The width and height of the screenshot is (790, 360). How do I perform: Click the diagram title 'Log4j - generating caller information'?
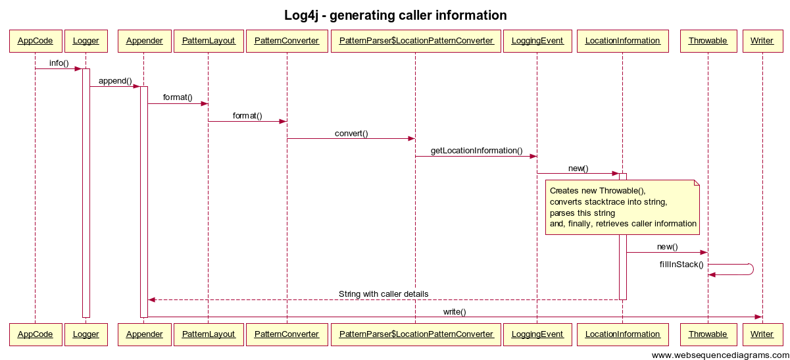tap(395, 15)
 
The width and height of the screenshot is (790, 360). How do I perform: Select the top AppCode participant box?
tap(35, 41)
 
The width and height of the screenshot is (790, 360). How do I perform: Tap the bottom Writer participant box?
tap(762, 334)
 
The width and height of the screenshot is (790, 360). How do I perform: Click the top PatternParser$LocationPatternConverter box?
tap(416, 41)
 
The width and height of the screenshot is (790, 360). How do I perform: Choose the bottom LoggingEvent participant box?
tap(537, 334)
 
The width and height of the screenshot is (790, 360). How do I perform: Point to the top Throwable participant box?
tap(708, 41)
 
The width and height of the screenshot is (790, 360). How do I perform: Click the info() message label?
tap(59, 63)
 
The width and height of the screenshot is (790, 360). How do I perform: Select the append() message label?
tap(115, 81)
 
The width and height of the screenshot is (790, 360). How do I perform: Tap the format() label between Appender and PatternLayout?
tap(178, 98)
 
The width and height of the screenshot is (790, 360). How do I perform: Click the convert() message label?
tap(351, 134)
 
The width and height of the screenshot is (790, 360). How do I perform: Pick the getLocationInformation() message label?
tap(476, 151)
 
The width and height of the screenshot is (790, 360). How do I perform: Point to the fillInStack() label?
tap(681, 265)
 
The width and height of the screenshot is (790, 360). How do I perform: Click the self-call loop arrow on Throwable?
tap(750, 269)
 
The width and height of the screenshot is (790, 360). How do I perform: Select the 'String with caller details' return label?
tap(383, 294)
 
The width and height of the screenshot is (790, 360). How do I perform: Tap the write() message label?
tap(454, 311)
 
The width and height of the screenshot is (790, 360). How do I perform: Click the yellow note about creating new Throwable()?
tap(622, 207)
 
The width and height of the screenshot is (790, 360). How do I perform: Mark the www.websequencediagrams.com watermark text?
tap(719, 355)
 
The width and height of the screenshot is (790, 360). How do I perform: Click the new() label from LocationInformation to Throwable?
tap(667, 247)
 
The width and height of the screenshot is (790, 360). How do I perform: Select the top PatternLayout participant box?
tap(209, 41)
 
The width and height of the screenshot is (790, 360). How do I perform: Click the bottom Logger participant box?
tap(86, 334)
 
